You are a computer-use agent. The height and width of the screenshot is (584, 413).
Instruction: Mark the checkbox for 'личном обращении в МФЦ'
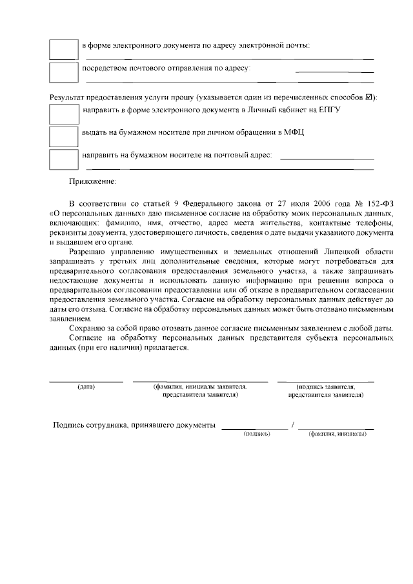click(64, 136)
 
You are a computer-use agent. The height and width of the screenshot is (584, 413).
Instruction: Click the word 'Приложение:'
click(93, 183)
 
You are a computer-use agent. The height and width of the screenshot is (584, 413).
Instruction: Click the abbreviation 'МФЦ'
click(294, 132)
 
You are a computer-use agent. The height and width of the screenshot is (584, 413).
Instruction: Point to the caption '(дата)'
click(86, 387)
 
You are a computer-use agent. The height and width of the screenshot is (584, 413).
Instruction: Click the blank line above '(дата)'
click(86, 381)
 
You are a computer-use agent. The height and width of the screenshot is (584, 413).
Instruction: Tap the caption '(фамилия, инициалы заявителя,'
click(200, 387)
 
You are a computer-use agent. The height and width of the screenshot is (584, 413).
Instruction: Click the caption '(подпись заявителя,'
click(326, 387)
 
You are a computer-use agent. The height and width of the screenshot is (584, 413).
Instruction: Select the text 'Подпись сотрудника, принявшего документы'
click(134, 426)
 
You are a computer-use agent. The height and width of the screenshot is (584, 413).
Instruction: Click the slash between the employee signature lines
click(293, 426)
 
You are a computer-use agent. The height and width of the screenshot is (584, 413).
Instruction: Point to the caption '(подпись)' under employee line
click(256, 434)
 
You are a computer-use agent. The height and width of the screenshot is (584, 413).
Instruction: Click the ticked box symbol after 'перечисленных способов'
click(369, 97)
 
